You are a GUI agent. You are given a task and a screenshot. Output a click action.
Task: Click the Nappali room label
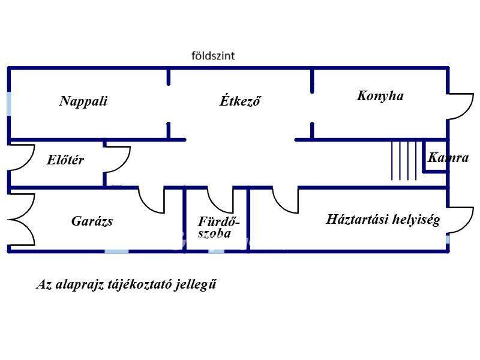[x=83, y=101]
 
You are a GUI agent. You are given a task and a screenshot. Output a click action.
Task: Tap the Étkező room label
[x=240, y=100]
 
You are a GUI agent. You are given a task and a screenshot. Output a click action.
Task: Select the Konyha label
[x=380, y=96]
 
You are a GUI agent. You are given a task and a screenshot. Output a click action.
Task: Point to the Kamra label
[x=448, y=158]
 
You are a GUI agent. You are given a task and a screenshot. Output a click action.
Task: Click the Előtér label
[x=65, y=160]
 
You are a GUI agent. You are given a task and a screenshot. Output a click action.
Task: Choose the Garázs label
[x=92, y=221]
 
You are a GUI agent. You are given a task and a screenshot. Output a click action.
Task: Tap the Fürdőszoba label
[x=218, y=227]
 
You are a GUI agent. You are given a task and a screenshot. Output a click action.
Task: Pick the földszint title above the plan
[x=213, y=56]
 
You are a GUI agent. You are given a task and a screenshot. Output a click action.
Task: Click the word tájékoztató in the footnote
[x=140, y=284]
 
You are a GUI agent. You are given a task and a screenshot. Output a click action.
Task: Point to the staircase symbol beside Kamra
[x=404, y=160]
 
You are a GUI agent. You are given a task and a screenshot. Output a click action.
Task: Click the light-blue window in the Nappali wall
[x=9, y=104]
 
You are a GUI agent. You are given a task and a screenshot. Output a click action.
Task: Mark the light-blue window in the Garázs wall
[x=116, y=251]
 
